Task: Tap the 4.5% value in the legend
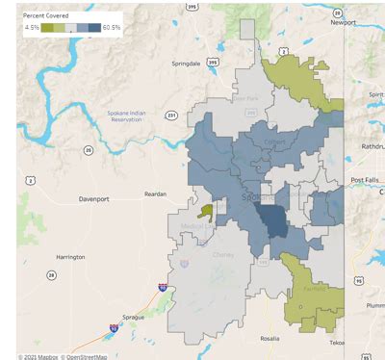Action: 32,29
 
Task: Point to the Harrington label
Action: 70,257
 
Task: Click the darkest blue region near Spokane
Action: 274,223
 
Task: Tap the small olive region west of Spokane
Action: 205,211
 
